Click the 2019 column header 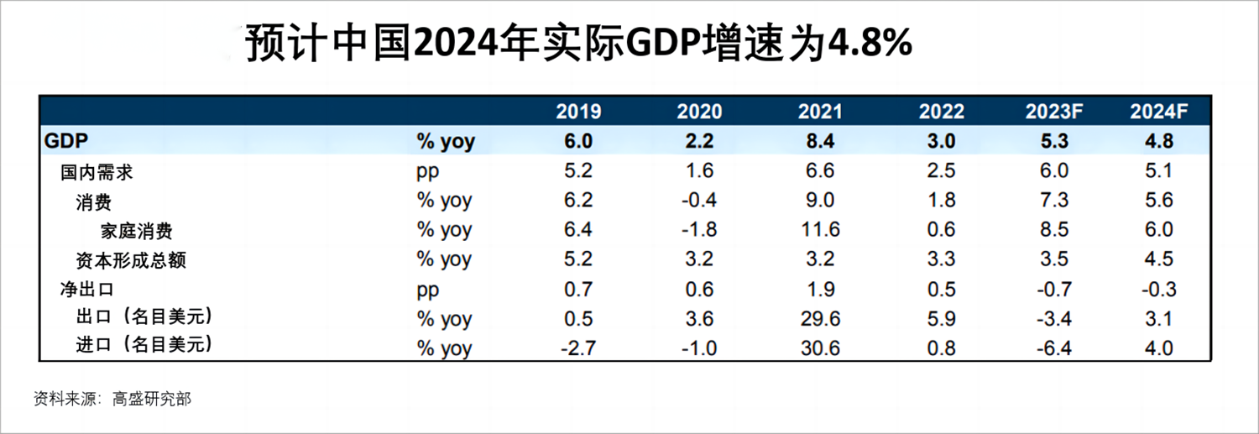click(578, 112)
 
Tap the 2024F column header click(1159, 112)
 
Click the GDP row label click(66, 141)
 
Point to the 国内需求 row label click(97, 172)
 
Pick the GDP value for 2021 click(820, 141)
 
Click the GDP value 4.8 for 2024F click(1159, 141)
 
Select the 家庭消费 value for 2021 click(820, 230)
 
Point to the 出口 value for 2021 click(820, 319)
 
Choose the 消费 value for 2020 click(699, 201)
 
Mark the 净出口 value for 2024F click(1159, 290)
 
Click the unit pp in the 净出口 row click(429, 290)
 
